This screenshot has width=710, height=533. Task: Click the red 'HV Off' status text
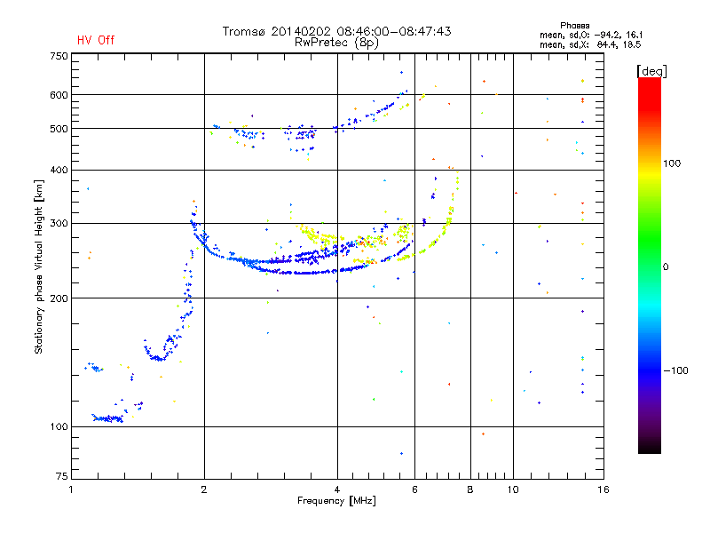[96, 40]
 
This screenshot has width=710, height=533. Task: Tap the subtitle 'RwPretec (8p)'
[336, 43]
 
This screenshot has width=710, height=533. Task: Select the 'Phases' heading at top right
[574, 26]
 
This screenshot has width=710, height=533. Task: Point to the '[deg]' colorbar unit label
[651, 71]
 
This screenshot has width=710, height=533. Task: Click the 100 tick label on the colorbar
[672, 163]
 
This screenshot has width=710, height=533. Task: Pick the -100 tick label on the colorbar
[676, 370]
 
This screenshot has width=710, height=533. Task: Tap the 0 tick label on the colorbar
[666, 267]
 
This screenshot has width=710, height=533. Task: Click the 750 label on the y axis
[59, 56]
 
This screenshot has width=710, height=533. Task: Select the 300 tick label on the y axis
[59, 223]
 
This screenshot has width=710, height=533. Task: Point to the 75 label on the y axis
[62, 476]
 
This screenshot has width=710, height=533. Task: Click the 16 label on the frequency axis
[603, 489]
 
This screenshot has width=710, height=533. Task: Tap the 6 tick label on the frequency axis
[414, 489]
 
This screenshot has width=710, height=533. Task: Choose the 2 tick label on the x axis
[204, 489]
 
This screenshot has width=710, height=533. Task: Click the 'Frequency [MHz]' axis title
[336, 501]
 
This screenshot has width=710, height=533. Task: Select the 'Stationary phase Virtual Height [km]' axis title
[38, 266]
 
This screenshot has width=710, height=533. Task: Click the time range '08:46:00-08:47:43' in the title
[394, 31]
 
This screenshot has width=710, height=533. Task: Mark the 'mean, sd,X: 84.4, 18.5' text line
[590, 44]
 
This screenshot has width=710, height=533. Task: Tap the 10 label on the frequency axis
[513, 489]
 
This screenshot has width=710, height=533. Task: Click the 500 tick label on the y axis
[59, 129]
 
